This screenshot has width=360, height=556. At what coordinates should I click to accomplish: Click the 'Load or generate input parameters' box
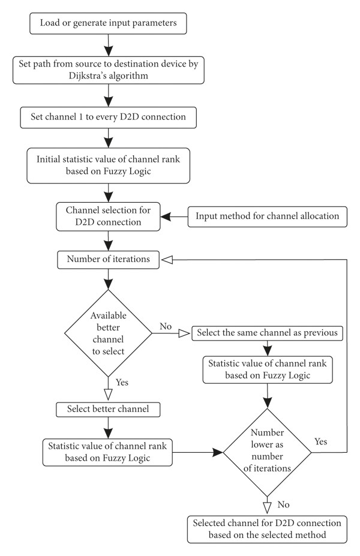click(108, 23)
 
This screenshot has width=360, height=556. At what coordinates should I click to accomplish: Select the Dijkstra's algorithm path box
click(108, 70)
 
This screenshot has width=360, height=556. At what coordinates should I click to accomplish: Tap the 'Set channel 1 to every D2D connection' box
click(108, 118)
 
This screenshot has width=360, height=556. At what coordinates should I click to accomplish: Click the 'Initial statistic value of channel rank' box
click(108, 166)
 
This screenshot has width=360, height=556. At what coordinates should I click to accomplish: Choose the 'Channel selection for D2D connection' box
click(108, 217)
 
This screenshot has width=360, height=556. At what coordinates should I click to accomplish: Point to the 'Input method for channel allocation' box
click(267, 217)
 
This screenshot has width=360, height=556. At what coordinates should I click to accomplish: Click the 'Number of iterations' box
click(108, 260)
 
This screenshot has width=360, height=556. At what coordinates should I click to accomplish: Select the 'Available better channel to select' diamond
click(108, 333)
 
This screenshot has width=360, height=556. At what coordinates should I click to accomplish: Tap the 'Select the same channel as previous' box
click(267, 333)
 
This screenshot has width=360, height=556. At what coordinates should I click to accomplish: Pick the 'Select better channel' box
click(108, 410)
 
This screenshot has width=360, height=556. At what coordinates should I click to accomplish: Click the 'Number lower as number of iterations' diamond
click(267, 452)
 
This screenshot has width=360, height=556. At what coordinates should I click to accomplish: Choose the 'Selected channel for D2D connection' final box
click(267, 530)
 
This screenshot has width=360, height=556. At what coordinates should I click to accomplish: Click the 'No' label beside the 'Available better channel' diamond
click(166, 326)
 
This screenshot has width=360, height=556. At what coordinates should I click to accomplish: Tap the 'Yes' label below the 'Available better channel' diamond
click(122, 383)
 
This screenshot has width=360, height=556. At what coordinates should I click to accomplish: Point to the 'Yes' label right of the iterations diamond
click(320, 442)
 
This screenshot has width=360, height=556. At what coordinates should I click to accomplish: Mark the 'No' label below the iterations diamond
click(283, 505)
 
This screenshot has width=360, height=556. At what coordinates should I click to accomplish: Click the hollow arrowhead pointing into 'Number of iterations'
click(167, 260)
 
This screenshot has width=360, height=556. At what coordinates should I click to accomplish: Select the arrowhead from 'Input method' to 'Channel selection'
click(166, 217)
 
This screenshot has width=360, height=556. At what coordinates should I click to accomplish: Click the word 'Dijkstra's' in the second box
click(86, 76)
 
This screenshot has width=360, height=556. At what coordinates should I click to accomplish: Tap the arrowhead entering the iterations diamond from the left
click(218, 452)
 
